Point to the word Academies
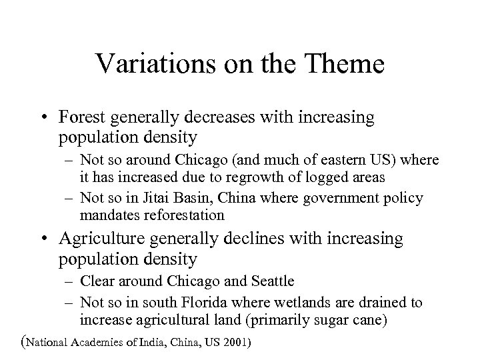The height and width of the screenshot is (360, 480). (107, 343)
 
